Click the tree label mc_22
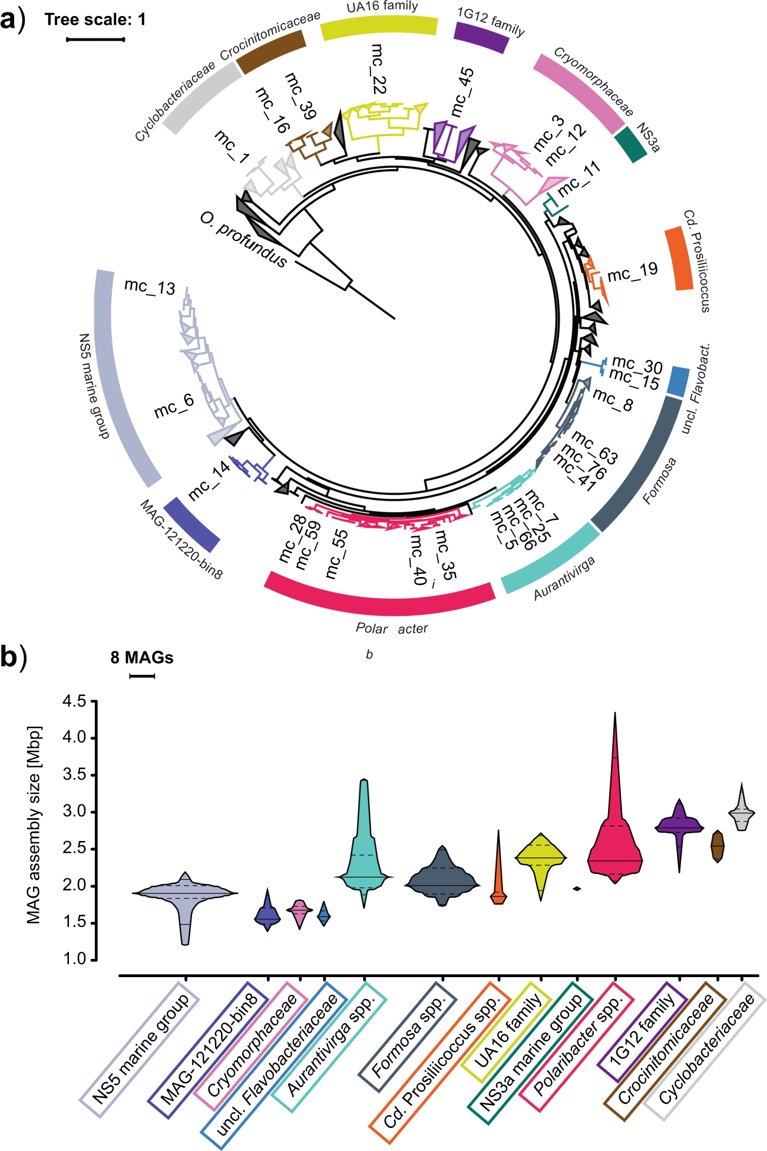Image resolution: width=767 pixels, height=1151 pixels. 378,69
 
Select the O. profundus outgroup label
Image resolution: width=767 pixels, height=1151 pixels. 243,240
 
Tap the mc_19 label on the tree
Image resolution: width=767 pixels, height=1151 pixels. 632,272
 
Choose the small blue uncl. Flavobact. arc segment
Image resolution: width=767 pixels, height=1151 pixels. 678,381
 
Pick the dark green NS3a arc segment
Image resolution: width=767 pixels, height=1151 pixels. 630,146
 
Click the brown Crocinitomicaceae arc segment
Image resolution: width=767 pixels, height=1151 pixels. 272,52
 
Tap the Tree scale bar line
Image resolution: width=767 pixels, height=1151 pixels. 95,39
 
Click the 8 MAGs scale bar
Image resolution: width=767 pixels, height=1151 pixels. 141,676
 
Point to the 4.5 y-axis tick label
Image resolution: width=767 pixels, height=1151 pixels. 74,701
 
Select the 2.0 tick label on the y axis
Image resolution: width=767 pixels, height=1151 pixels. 74,885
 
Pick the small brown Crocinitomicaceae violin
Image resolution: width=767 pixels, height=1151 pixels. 717,846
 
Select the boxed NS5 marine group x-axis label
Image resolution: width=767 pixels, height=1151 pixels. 140,1049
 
